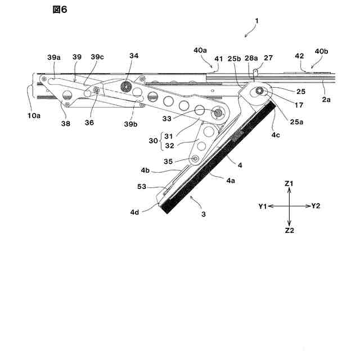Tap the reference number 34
tap(133, 56)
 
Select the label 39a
tap(55, 58)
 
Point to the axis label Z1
tap(289, 183)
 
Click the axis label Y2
tap(316, 206)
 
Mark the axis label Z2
tap(289, 231)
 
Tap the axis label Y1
tap(262, 206)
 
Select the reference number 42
tap(299, 56)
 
